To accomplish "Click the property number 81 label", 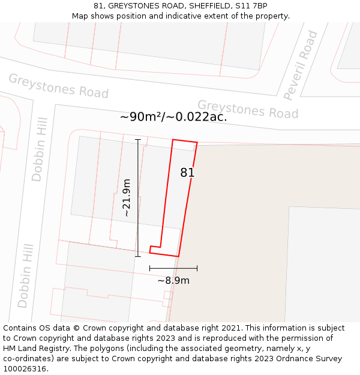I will tap(187, 173).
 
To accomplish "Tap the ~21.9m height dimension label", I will tap(126, 197).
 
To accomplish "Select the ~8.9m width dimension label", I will tap(173, 280).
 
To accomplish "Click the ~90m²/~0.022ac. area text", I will tap(173, 117).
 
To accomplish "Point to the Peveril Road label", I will tap(301, 65).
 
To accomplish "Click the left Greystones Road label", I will tap(58, 86).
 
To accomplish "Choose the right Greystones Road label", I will tap(248, 109).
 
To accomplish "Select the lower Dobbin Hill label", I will tap(25, 275).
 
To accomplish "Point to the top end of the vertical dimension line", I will tap(138, 140).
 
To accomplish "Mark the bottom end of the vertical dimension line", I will tap(138, 256).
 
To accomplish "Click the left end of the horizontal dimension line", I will tap(149, 268).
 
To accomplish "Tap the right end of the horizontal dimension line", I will tap(197, 268).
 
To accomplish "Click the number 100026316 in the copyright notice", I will tap(25, 369).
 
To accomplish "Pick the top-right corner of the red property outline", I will tap(197, 142).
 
